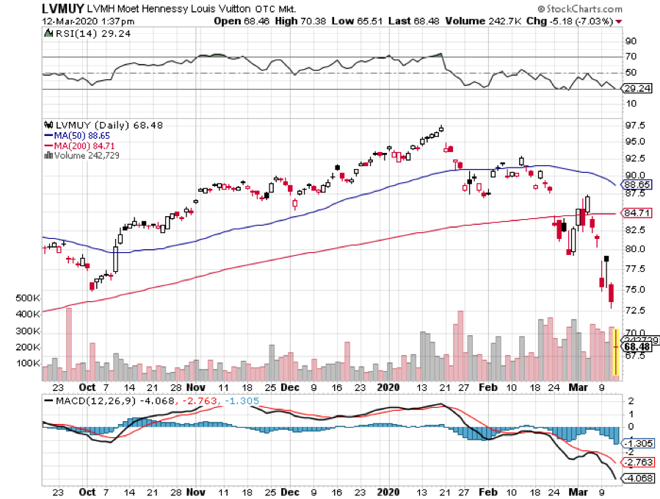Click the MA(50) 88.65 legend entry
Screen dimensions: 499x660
coord(73,135)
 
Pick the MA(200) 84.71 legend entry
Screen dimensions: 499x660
coord(75,145)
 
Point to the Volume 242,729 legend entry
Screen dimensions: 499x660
coord(77,154)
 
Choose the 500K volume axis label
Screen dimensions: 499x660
coord(26,298)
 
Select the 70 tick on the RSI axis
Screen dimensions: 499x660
coord(629,57)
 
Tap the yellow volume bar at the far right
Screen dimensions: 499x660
coord(615,353)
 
